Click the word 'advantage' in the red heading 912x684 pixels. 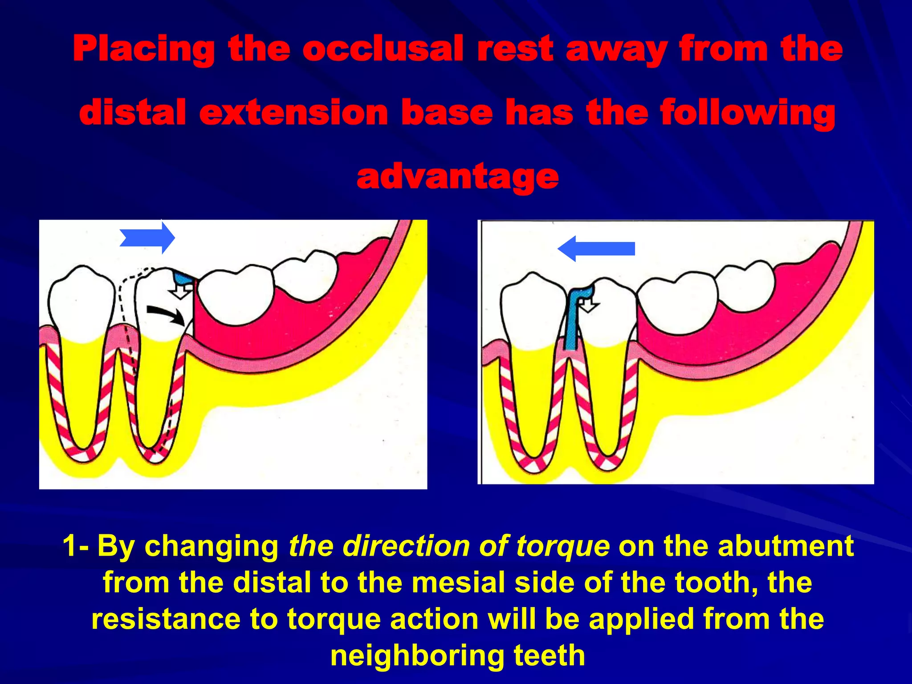457,177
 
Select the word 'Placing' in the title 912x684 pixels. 143,49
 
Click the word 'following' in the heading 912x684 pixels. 748,113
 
